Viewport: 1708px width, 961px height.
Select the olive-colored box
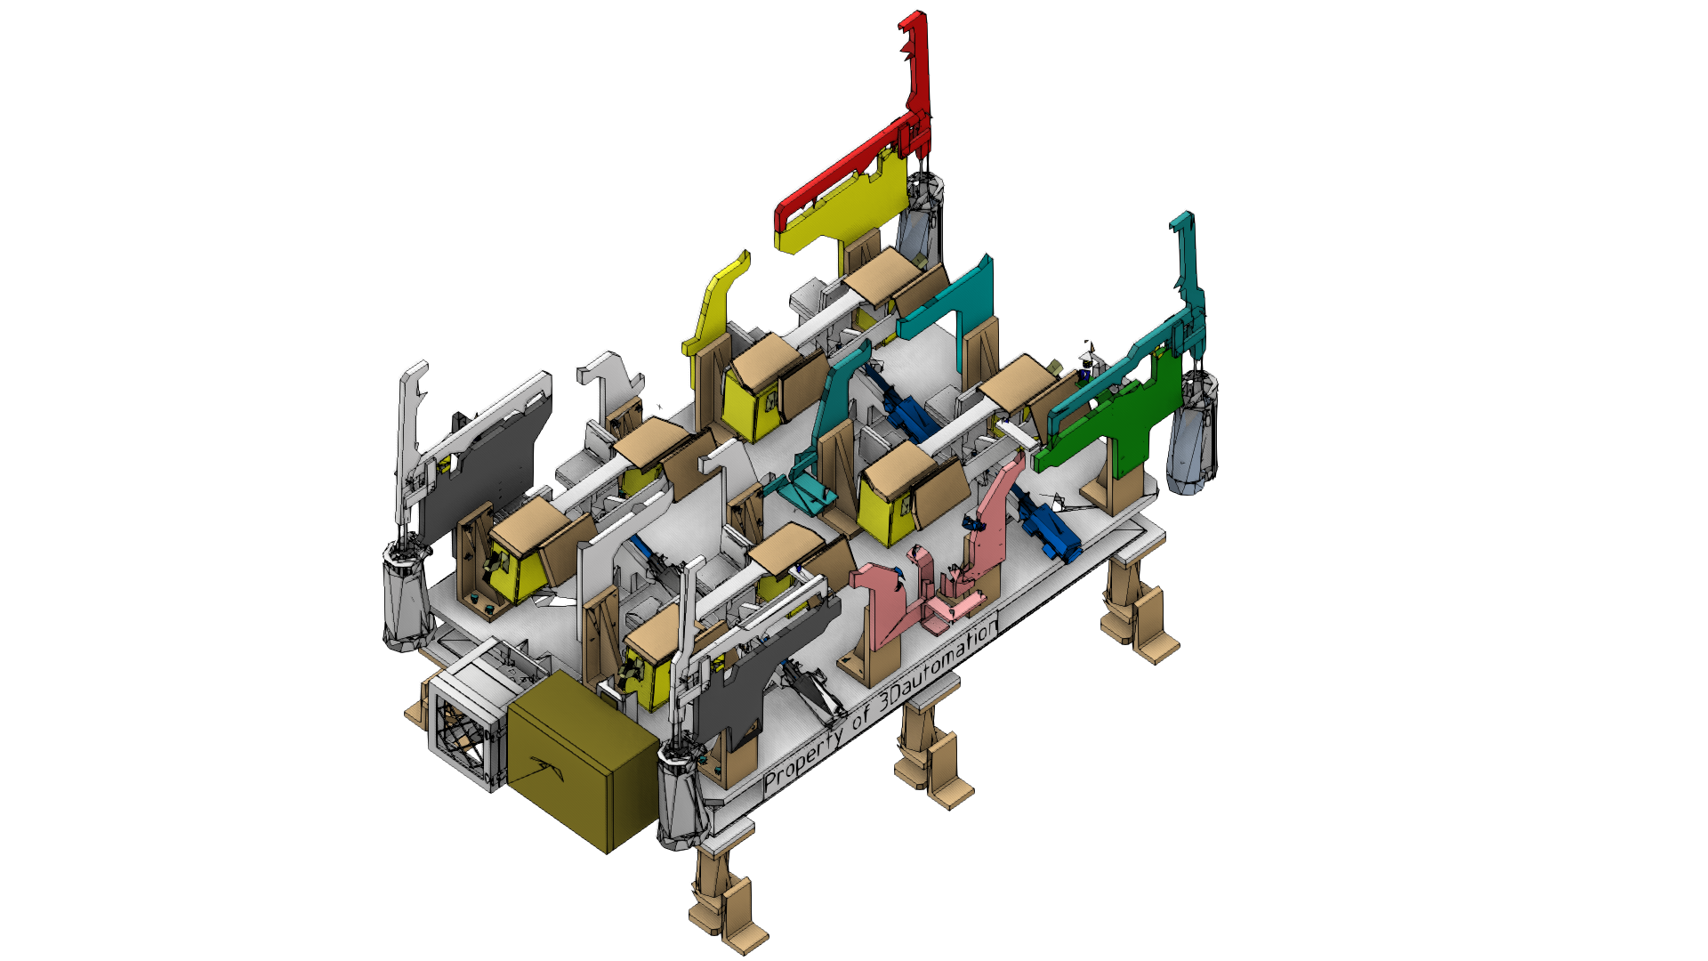tap(583, 762)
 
